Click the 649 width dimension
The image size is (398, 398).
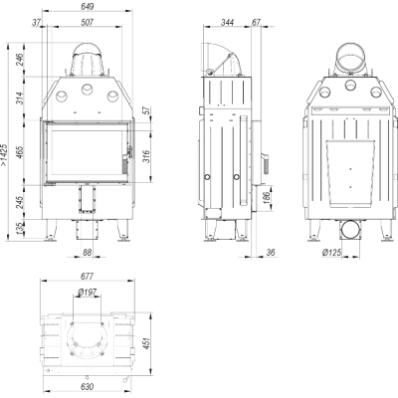pos(87,6)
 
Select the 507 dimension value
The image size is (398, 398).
pos(87,23)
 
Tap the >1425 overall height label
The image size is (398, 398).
pos(4,154)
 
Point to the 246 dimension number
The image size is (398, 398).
pos(20,60)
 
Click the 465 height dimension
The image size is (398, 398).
pos(20,152)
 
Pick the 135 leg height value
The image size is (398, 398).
pos(20,229)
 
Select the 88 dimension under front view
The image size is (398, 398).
pos(87,253)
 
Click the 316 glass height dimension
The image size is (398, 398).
pos(146,156)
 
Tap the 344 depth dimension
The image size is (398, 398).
pos(227,23)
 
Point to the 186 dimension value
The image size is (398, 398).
pos(268,198)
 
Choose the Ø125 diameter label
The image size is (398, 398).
pos(331,253)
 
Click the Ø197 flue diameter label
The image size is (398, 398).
pos(87,293)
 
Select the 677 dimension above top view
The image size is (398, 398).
pos(87,276)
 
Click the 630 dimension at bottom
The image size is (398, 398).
pos(87,387)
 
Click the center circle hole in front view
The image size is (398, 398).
pos(88,89)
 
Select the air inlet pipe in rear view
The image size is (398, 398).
pos(349,230)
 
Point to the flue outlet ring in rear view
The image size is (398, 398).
pos(350,59)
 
